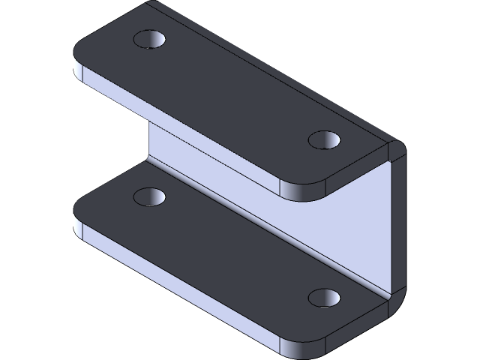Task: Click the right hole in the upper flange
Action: pyautogui.click(x=324, y=139)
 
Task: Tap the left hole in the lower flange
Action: pyautogui.click(x=148, y=197)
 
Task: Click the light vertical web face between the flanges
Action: pyautogui.click(x=337, y=225)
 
